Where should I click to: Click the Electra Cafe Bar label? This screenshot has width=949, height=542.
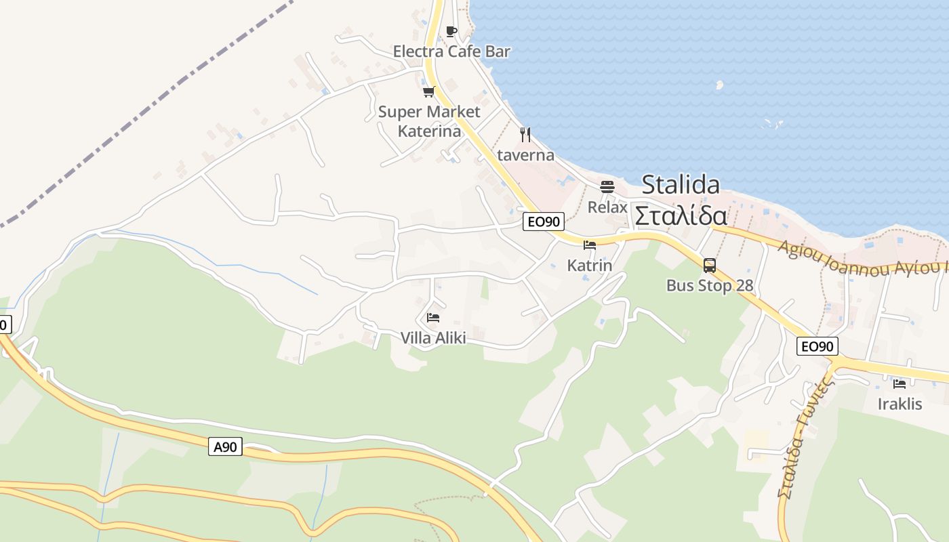click(x=451, y=51)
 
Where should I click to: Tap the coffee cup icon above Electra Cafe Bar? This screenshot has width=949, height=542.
click(x=451, y=32)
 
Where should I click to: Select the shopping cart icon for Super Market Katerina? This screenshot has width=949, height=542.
click(x=428, y=92)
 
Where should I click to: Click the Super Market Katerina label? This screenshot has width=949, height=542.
click(x=429, y=121)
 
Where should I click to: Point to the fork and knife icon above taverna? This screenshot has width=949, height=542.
click(x=525, y=134)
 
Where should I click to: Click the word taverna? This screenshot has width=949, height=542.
click(x=526, y=155)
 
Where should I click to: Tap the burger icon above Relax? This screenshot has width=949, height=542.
click(x=607, y=186)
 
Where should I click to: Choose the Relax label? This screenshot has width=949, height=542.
click(x=607, y=207)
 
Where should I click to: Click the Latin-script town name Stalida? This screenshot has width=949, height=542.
click(x=681, y=184)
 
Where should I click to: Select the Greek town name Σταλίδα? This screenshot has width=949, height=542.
click(x=681, y=216)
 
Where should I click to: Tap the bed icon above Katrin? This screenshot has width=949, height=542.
click(x=590, y=245)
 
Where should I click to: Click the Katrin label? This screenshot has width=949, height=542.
click(x=590, y=266)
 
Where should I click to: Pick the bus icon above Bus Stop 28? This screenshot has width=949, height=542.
click(x=710, y=266)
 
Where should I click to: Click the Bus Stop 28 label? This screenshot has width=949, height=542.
click(x=710, y=286)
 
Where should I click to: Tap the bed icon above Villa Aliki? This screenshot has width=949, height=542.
click(x=433, y=317)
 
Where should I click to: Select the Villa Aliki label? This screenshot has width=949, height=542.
click(x=433, y=337)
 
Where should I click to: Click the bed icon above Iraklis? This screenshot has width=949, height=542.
click(x=900, y=383)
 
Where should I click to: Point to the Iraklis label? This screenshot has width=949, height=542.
click(x=900, y=404)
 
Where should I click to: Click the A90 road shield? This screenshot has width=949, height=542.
click(x=225, y=446)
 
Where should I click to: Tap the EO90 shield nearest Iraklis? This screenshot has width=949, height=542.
click(x=817, y=346)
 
